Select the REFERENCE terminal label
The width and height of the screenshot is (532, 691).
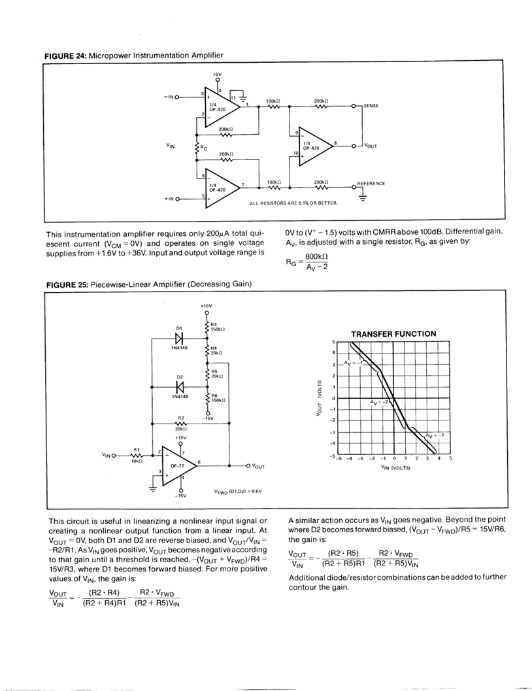(x=371, y=184)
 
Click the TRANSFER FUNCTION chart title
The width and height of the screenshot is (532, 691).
(x=393, y=333)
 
